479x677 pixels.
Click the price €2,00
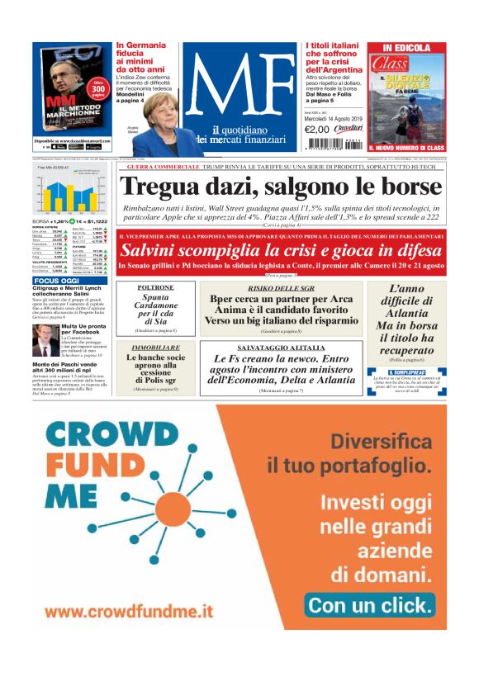pos(317,129)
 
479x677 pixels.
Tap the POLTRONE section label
pos(156,288)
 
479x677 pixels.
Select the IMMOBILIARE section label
pos(156,348)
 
